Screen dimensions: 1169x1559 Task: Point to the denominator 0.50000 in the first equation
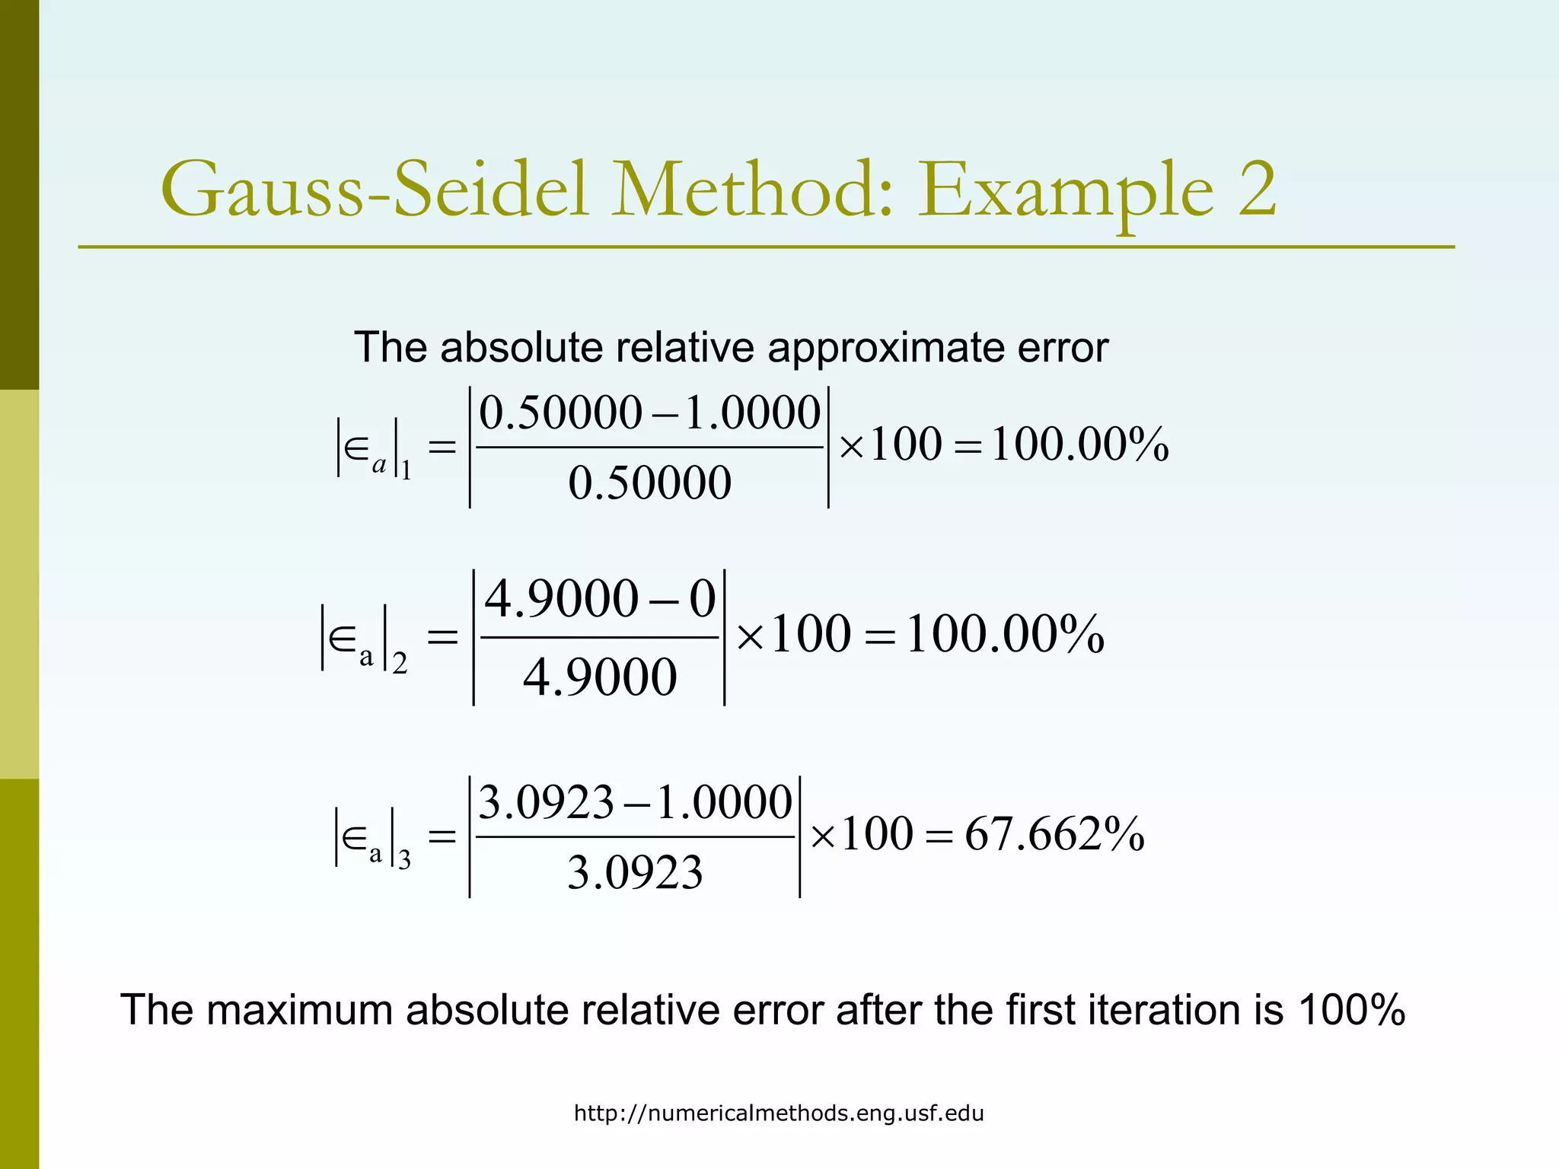click(x=649, y=483)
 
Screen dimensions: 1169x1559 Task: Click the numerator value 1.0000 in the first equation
click(x=752, y=413)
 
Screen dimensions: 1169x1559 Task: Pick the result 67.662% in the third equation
click(x=1054, y=834)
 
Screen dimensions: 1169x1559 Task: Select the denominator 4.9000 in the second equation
click(x=600, y=677)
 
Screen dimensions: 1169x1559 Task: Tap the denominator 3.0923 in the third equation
click(x=635, y=872)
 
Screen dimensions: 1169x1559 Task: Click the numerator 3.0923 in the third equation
click(x=546, y=802)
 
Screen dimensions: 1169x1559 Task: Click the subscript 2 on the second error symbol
click(x=400, y=663)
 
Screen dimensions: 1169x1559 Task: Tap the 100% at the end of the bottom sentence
click(x=1351, y=1011)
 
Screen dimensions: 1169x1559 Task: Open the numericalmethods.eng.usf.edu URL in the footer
click(x=779, y=1113)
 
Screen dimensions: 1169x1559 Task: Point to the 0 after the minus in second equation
click(x=702, y=599)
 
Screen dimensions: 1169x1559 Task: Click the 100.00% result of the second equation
click(x=1005, y=634)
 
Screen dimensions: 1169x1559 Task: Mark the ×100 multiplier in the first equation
click(x=890, y=444)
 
